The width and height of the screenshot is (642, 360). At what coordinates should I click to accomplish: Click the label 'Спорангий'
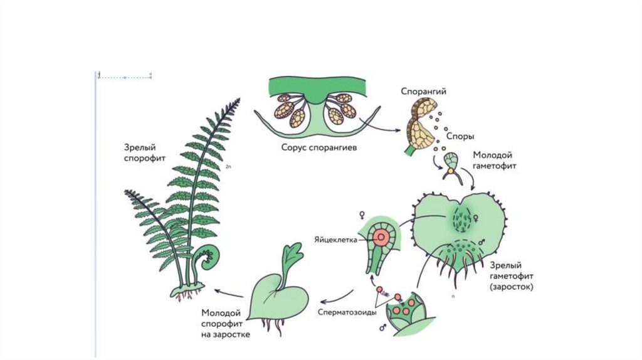coord(423,92)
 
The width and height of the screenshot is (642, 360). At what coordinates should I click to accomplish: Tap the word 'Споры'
coord(460,135)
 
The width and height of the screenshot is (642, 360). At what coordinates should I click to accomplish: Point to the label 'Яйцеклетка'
coord(337,239)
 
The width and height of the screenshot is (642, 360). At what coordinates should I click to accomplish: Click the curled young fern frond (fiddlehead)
coord(207,257)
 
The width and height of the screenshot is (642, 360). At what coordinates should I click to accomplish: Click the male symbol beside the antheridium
coord(382,327)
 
